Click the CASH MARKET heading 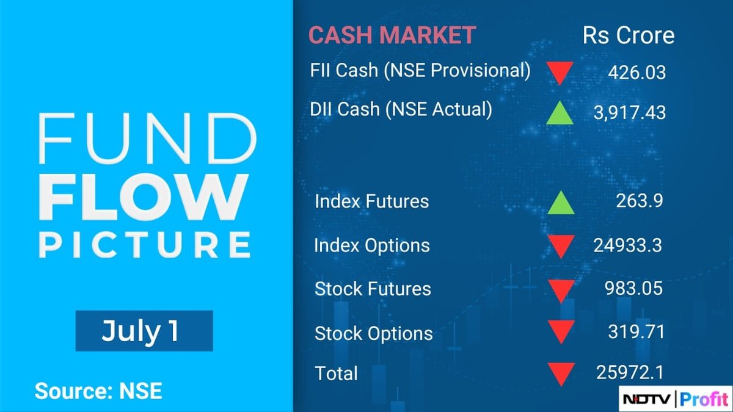point(392,35)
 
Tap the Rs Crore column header point(629,35)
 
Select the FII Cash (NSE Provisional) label point(420,70)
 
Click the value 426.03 point(636,73)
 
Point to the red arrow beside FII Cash point(560,73)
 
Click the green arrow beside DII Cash point(560,113)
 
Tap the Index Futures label point(371,201)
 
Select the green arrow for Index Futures point(560,203)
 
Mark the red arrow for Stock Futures point(560,290)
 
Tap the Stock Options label point(373,333)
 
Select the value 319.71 point(636,331)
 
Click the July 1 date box point(144,331)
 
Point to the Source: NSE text point(98,391)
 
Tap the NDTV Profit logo point(675,399)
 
